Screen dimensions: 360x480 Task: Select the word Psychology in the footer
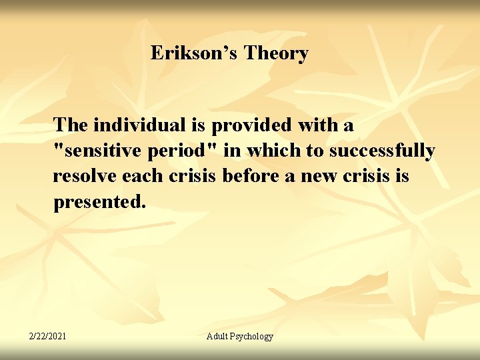click(253, 336)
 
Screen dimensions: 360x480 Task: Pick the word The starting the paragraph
click(71, 125)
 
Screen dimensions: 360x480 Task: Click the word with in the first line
click(314, 125)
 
